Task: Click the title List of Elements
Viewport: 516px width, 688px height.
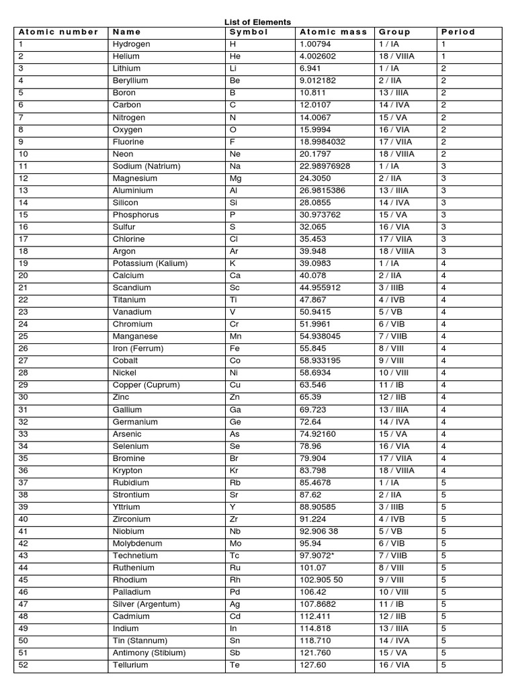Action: [x=257, y=22]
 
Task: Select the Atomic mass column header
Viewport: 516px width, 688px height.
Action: [x=333, y=32]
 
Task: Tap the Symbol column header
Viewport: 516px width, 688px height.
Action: [x=249, y=32]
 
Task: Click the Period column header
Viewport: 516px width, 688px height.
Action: [x=458, y=32]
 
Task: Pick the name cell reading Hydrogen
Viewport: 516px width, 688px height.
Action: [x=131, y=44]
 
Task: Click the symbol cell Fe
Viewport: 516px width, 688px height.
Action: [x=235, y=349]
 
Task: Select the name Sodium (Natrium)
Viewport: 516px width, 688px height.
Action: [x=146, y=166]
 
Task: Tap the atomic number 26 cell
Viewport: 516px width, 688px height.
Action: [x=24, y=349]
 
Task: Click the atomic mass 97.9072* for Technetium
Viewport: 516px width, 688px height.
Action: [x=320, y=556]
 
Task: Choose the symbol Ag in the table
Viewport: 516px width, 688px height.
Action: [x=235, y=604]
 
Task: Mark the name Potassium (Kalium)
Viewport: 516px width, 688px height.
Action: [x=150, y=263]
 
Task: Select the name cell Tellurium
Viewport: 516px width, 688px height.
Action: [x=130, y=665]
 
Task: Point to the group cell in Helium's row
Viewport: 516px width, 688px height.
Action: [x=396, y=56]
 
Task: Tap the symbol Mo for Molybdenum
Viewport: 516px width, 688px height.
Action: [x=236, y=544]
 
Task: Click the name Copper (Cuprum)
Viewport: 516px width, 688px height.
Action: [x=146, y=385]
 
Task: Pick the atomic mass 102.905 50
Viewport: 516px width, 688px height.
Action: [x=324, y=580]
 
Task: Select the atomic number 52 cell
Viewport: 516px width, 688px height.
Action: [x=24, y=665]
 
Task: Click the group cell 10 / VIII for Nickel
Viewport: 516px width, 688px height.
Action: [x=394, y=373]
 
